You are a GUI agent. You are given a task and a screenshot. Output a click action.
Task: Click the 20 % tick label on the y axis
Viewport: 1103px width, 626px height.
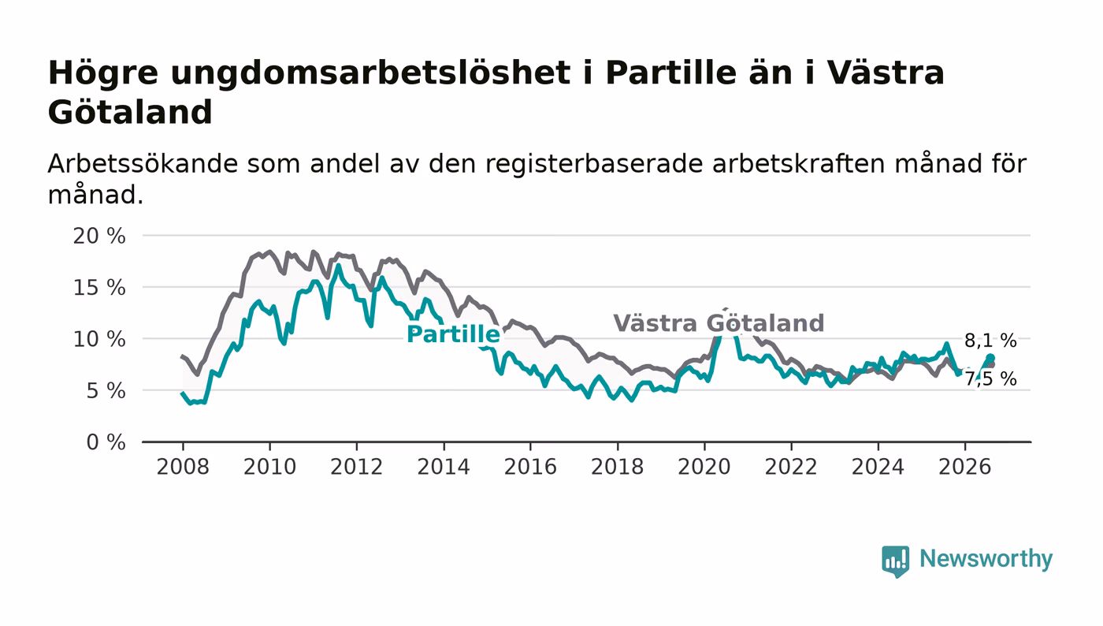click(99, 236)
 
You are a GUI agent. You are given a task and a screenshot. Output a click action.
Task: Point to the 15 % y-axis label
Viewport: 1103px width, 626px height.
click(99, 287)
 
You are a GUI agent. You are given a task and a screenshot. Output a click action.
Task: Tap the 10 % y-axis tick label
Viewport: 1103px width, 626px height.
click(99, 339)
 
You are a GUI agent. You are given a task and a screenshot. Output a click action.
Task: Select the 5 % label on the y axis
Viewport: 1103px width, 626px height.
click(106, 391)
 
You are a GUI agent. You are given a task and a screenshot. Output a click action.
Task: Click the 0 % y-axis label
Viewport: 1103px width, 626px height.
click(106, 442)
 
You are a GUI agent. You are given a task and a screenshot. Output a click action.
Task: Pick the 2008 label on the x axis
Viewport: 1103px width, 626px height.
click(183, 467)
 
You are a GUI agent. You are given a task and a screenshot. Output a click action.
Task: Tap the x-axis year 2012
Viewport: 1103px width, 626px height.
click(356, 467)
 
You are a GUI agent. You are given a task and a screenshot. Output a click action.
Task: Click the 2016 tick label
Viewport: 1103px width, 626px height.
click(530, 467)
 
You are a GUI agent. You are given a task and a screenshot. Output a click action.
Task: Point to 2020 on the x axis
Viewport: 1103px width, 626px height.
click(704, 467)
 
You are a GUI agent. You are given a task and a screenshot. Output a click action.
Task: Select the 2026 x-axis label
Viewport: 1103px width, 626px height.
click(964, 467)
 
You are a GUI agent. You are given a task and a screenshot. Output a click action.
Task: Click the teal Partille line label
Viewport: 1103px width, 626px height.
click(453, 334)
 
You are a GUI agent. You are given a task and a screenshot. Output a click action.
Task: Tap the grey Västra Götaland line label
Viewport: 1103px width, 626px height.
click(719, 323)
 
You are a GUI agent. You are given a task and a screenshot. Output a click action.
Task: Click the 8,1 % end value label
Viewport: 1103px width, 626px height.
click(990, 341)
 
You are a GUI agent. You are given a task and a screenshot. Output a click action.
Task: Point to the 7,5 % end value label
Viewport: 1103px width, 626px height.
click(990, 379)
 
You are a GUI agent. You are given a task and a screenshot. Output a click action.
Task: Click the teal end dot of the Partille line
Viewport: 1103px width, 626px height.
click(990, 358)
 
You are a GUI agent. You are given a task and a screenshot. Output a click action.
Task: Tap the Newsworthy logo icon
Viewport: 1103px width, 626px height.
click(895, 561)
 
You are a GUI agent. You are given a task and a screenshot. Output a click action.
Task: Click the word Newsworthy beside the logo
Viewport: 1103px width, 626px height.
click(986, 558)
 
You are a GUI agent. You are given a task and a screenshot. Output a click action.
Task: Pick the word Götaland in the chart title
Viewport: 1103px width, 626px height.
click(130, 112)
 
